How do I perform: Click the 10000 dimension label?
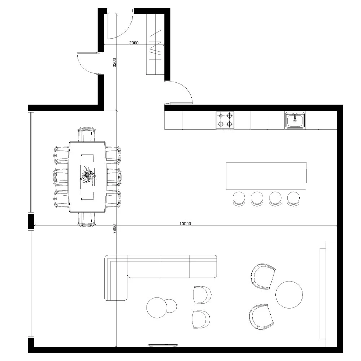[185, 224]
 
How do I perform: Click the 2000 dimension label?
[134, 43]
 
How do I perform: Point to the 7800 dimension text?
[114, 229]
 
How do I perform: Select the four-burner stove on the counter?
[225, 120]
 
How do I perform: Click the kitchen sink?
[295, 120]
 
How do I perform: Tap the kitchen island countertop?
[266, 176]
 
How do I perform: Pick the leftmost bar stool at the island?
[239, 199]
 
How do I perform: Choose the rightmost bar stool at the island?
[293, 199]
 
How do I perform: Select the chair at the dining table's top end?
[87, 134]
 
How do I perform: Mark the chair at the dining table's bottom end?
[87, 219]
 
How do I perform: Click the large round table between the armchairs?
[289, 294]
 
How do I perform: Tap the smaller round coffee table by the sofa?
[171, 306]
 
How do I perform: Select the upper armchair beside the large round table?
[262, 276]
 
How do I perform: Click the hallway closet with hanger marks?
[155, 45]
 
